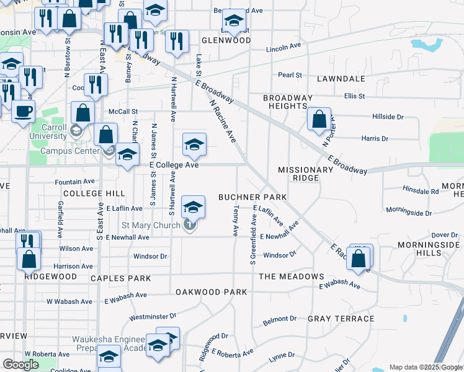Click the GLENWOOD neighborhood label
point(226,40)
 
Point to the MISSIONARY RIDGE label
point(306,174)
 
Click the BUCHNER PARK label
point(252,197)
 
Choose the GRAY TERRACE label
point(341,319)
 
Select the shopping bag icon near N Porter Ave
point(319,119)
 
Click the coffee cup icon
point(24,112)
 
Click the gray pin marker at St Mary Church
point(190,226)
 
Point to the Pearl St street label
point(290,75)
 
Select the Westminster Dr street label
point(149,317)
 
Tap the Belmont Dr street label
point(280,320)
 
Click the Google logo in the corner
point(20,365)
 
